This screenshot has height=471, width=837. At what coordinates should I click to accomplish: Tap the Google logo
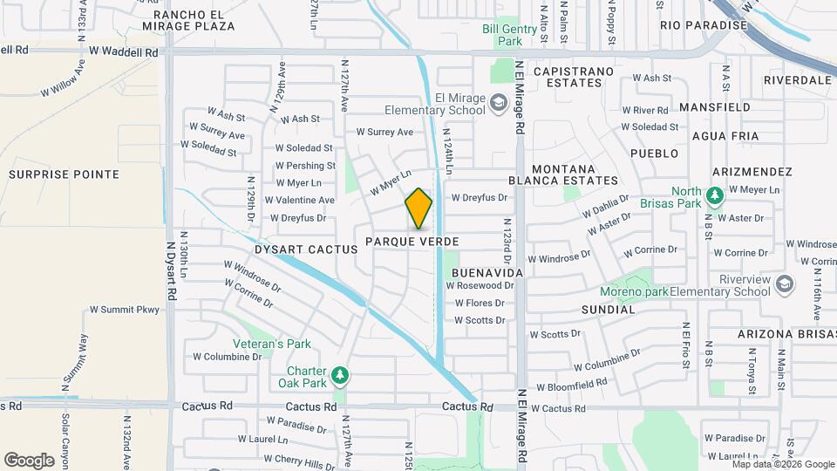[29, 460]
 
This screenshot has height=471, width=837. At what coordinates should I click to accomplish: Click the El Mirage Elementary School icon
[499, 104]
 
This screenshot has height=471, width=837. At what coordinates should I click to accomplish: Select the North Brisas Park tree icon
[714, 196]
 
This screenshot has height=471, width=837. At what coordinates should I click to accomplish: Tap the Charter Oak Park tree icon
[340, 375]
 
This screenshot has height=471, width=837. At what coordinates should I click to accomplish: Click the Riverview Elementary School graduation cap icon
[785, 284]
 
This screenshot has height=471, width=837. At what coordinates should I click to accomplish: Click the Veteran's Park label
[272, 344]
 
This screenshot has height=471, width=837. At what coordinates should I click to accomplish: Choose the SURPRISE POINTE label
[64, 174]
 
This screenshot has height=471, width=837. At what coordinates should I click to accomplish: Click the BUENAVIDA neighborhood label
[487, 273]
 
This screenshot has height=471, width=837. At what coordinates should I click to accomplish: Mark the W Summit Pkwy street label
[125, 310]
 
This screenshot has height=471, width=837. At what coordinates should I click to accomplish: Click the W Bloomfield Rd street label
[571, 385]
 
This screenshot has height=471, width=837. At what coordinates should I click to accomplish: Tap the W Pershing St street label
[305, 166]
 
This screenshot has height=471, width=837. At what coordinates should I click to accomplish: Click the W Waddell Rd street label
[128, 52]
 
